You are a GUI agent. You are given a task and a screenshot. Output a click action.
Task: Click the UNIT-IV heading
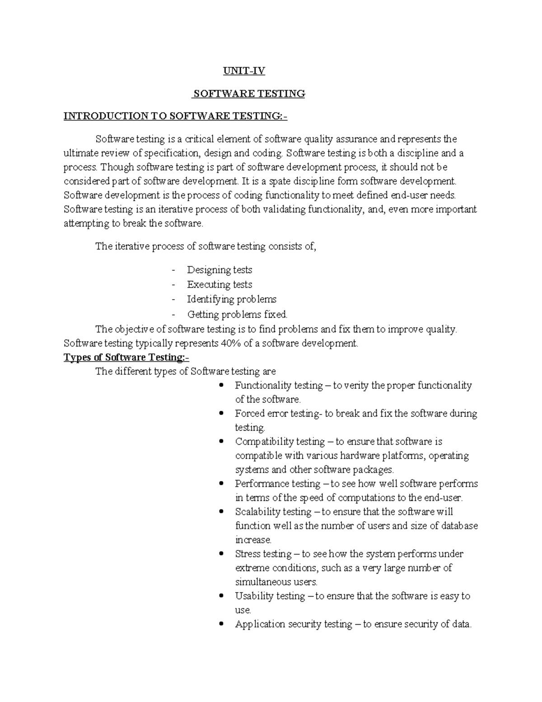pos(244,71)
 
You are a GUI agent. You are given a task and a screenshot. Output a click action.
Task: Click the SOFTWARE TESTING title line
pos(248,94)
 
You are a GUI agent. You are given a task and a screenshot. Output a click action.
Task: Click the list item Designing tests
pos(220,270)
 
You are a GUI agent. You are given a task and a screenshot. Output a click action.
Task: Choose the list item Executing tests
pos(220,284)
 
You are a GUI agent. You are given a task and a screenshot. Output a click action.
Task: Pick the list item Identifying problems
pos(232,299)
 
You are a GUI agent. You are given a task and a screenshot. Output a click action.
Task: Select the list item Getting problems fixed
pos(237,314)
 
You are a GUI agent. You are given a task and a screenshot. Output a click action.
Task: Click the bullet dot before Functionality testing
pos(221,386)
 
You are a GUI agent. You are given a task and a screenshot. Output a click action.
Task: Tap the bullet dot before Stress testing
pos(221,554)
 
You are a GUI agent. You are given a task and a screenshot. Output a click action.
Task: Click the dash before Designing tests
pos(173,270)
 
